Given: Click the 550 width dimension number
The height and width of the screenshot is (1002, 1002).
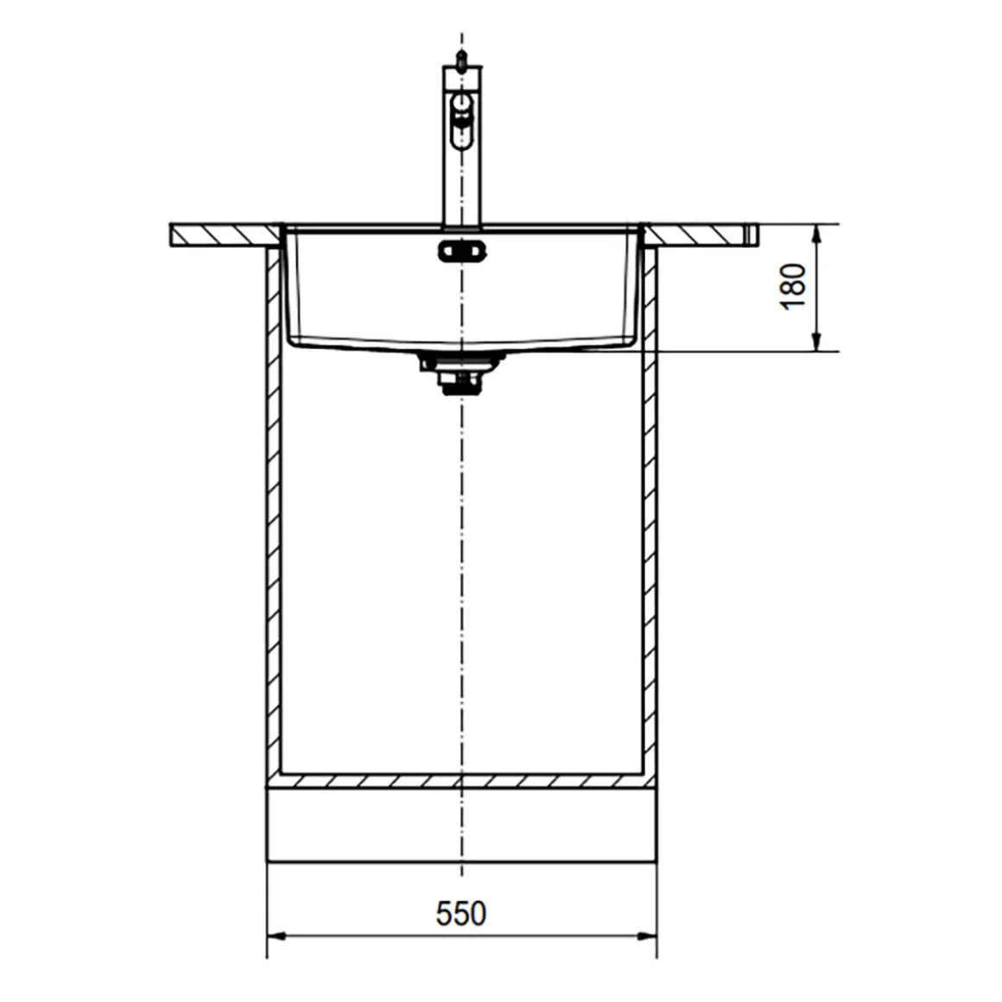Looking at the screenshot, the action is [460, 913].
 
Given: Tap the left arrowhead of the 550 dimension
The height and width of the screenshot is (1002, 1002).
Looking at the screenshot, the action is [276, 937].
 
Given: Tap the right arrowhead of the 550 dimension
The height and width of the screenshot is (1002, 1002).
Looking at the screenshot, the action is [648, 937].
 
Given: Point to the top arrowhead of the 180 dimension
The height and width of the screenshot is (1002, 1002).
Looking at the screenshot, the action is [816, 233].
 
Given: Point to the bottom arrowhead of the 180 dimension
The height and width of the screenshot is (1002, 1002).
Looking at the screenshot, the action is [816, 343].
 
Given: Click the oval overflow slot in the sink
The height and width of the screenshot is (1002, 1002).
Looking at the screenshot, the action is [462, 250].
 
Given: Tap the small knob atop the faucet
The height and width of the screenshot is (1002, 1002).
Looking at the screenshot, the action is [460, 59].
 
